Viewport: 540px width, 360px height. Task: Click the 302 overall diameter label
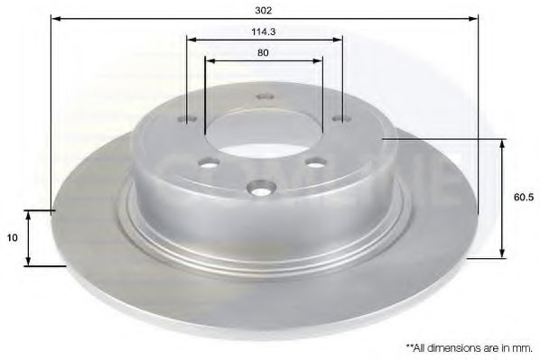coord(264,10)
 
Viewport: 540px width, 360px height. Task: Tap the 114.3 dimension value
coord(264,32)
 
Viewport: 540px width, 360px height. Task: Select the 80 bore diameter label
coord(263,52)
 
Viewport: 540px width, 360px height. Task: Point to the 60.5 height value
coord(524,198)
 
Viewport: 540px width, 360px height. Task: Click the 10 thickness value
coord(12,237)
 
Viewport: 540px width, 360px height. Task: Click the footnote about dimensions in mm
coord(469,348)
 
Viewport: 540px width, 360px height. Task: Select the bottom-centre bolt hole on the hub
coord(261,189)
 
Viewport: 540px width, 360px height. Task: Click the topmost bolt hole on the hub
coord(265,97)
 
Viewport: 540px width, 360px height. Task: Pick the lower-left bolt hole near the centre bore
coord(209,162)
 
